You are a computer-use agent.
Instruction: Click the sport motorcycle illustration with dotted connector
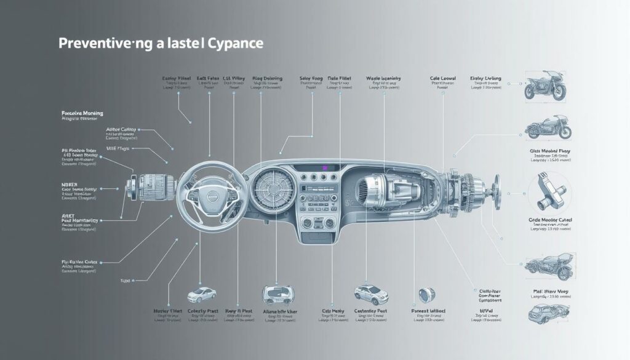[x=544, y=87]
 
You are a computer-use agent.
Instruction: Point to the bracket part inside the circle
[x=549, y=189]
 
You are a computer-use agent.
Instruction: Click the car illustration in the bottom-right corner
[x=545, y=313]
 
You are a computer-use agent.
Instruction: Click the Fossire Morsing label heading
[x=82, y=114]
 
